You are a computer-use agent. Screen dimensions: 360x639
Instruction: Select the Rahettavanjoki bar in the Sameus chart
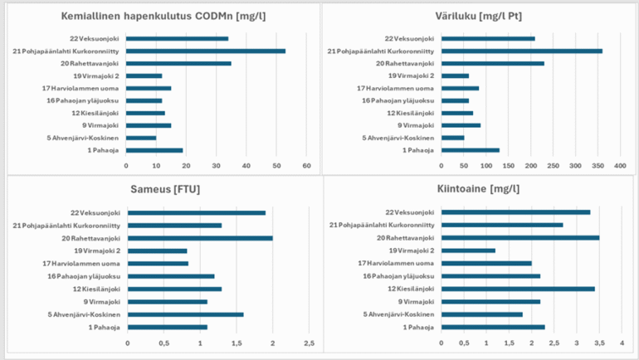coord(200,238)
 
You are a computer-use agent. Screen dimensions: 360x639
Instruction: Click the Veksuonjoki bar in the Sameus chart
coord(197,212)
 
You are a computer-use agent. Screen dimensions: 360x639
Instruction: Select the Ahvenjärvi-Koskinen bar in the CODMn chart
coord(141,138)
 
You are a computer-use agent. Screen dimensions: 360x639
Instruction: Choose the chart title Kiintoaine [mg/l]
coord(479,189)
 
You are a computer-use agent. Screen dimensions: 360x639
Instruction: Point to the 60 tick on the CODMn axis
coord(306,166)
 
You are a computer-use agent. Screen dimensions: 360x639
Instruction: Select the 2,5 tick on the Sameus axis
coord(309,343)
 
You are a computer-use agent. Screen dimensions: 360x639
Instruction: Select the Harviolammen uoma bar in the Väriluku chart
coord(461,88)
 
